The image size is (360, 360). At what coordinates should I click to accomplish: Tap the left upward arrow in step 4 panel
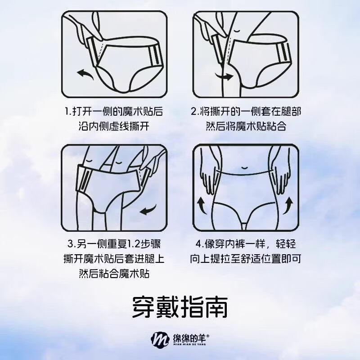click(x=201, y=206)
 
